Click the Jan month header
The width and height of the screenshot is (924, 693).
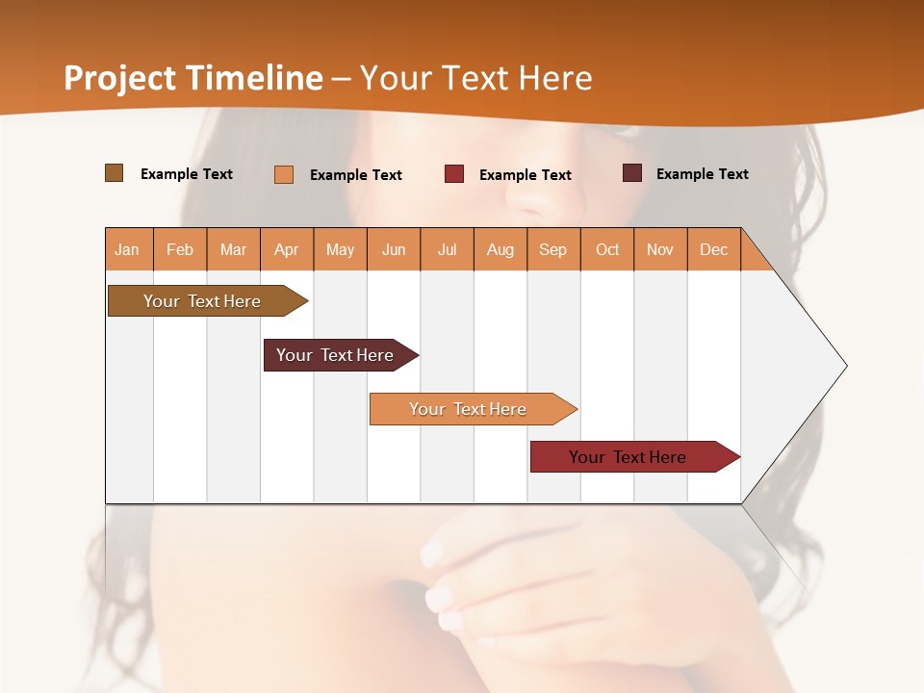(127, 249)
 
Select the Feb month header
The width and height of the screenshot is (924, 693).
(180, 249)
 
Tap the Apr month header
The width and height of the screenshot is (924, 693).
(287, 249)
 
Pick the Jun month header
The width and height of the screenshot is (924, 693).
(394, 249)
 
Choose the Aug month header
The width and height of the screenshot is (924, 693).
(500, 249)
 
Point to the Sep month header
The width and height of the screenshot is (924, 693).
(553, 249)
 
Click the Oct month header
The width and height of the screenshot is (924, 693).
(607, 249)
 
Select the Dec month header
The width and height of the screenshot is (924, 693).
(714, 249)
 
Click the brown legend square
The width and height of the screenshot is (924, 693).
(115, 173)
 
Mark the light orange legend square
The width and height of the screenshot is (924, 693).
(284, 174)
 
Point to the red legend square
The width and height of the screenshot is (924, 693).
(454, 174)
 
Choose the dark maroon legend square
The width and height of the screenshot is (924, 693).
(632, 173)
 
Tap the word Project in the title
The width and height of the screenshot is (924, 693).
(120, 78)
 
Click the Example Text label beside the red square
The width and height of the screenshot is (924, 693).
(526, 175)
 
